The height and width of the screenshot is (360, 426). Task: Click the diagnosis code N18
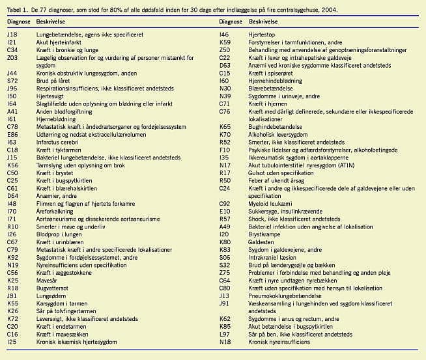225,341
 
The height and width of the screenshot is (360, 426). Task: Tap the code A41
12,112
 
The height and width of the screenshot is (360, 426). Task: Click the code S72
12,81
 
